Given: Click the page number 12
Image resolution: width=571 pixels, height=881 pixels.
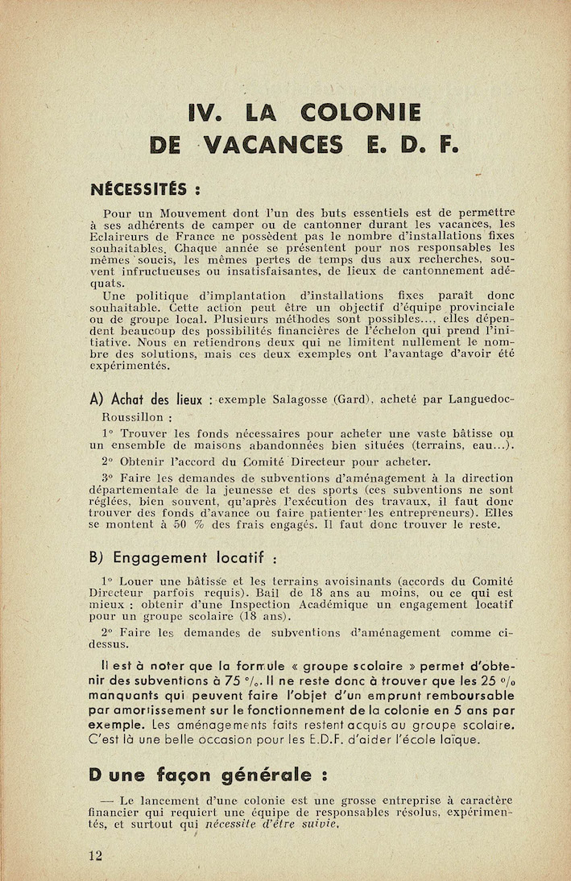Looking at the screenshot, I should pyautogui.click(x=96, y=855).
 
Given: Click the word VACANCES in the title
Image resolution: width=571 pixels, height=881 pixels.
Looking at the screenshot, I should pyautogui.click(x=273, y=145).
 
